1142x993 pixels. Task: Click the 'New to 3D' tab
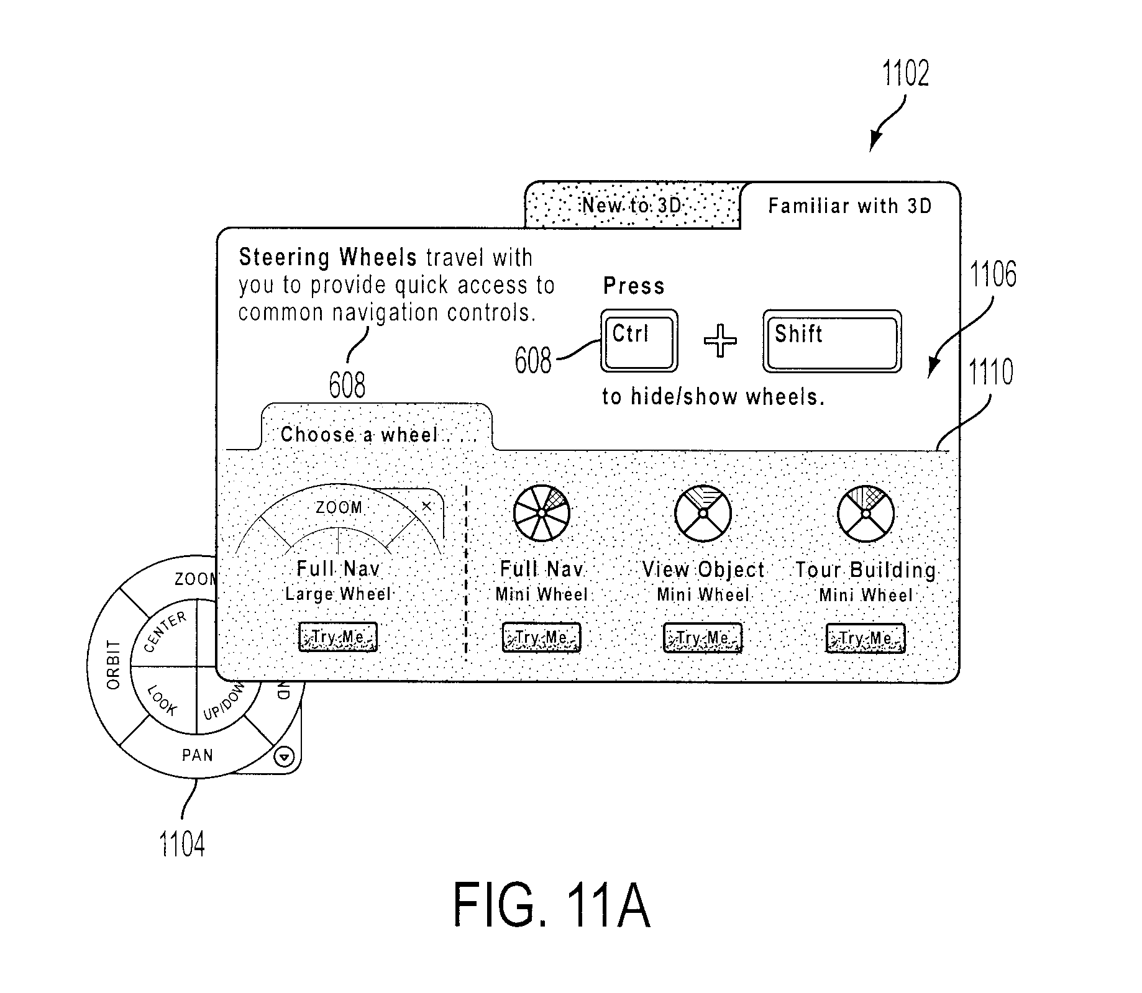coord(633,206)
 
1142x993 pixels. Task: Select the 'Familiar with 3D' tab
coord(850,206)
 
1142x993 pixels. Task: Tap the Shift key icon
coord(832,342)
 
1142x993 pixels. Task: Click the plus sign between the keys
coord(720,341)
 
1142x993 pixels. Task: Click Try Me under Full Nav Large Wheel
coord(337,637)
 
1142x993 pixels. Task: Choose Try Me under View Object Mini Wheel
coord(703,638)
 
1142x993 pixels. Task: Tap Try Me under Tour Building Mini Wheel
coord(865,638)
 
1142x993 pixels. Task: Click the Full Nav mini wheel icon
coord(542,513)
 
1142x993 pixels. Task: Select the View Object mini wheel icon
coord(703,514)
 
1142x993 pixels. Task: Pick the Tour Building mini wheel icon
coord(866,514)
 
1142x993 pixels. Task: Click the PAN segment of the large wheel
coord(197,755)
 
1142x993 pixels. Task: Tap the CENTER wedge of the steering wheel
coord(165,632)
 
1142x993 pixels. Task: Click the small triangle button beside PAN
coord(285,757)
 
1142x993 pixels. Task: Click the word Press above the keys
coord(634,286)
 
